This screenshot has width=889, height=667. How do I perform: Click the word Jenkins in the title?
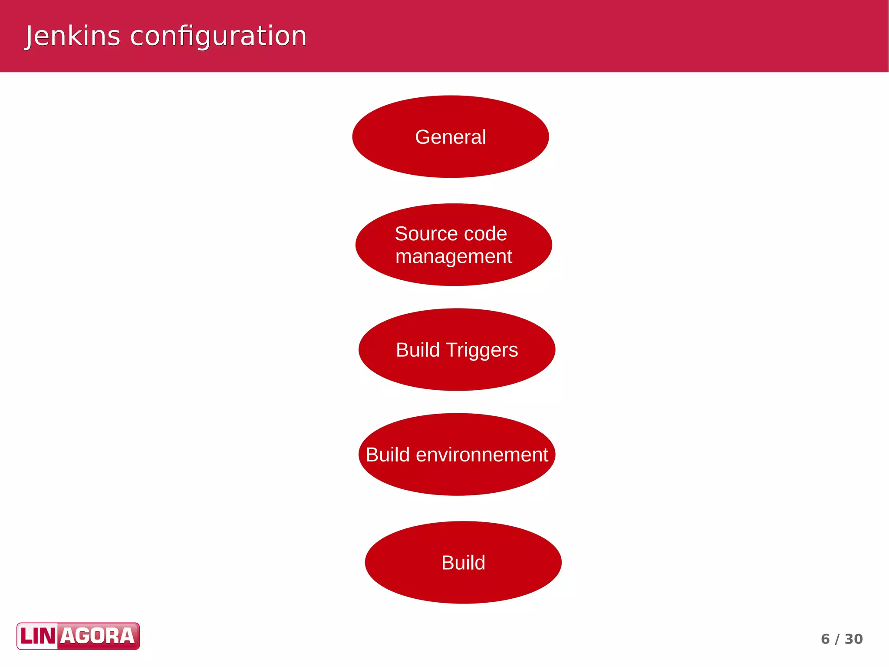click(72, 36)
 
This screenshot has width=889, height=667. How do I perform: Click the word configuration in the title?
click(218, 37)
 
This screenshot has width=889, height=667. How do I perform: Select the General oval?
click(450, 137)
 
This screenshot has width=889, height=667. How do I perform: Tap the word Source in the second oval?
click(420, 234)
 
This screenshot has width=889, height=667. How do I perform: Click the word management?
click(454, 256)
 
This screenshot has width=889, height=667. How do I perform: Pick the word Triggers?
click(482, 350)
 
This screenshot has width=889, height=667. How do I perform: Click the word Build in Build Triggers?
click(418, 350)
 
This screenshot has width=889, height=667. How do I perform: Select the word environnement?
click(482, 455)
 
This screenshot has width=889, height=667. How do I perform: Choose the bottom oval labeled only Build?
click(463, 563)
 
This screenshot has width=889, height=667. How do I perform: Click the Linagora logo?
click(78, 636)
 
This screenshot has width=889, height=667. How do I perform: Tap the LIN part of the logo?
click(38, 636)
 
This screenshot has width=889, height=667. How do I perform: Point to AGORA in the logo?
click(98, 636)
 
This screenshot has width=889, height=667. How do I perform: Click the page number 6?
click(825, 639)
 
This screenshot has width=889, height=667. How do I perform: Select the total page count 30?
click(854, 639)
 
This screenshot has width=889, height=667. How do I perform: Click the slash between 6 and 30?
click(837, 639)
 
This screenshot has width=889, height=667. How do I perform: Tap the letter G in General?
click(423, 137)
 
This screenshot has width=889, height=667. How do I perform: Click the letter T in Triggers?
click(451, 350)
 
